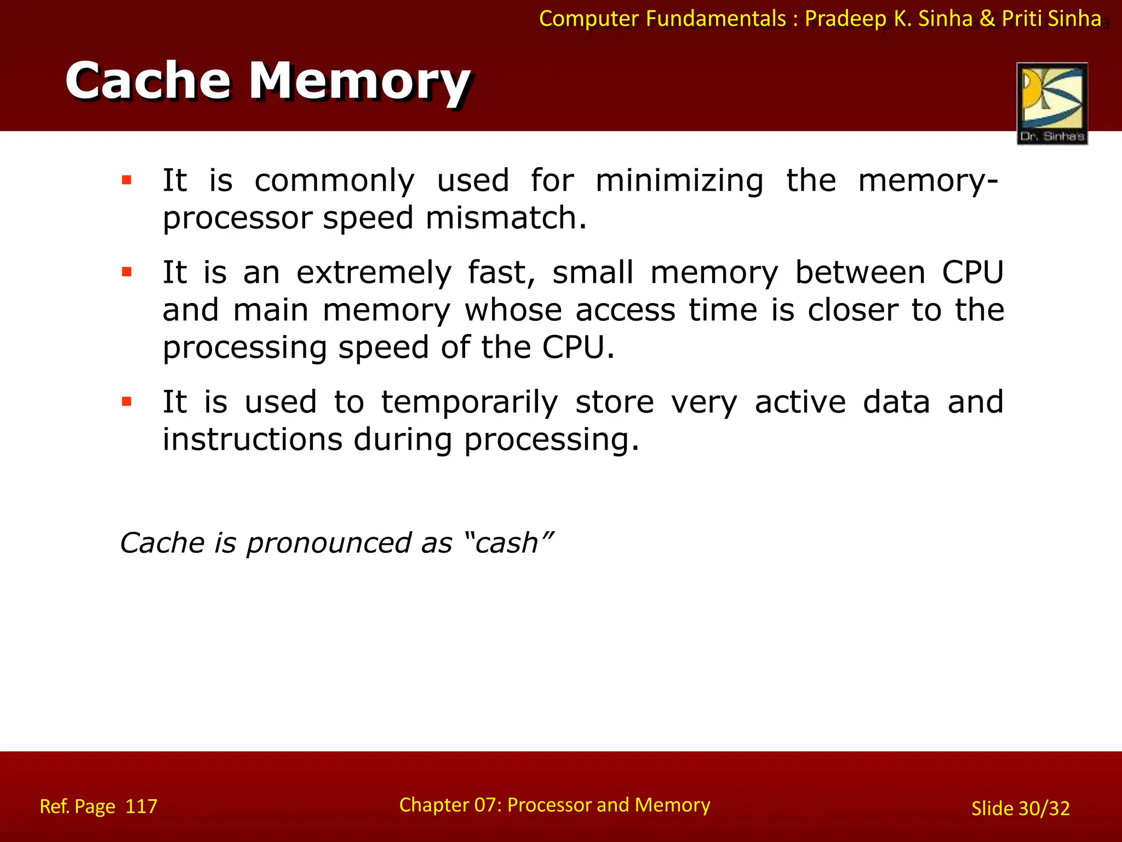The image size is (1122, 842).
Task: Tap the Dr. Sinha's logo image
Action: pos(1052,103)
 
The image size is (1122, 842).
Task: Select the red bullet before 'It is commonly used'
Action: pos(127,180)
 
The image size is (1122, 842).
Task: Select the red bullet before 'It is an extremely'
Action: pos(127,272)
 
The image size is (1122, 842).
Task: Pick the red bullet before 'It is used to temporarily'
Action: pos(127,402)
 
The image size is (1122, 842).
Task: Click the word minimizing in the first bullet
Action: pos(679,181)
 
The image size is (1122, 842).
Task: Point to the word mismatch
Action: pos(506,218)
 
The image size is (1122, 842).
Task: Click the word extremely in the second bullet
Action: pos(374,273)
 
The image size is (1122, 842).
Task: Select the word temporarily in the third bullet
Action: pos(470,402)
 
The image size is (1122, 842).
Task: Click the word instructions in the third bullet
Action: pos(252,440)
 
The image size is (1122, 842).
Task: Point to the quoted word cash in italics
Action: pos(507,543)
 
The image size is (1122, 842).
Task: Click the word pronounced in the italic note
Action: pos(328,543)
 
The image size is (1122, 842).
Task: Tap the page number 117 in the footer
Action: pos(141,806)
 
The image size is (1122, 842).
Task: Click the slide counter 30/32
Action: pos(1044,809)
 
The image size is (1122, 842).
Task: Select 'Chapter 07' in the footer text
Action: pos(450,805)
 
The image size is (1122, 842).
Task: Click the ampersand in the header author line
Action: pos(987,19)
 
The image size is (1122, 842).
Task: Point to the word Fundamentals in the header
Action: pos(716,19)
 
